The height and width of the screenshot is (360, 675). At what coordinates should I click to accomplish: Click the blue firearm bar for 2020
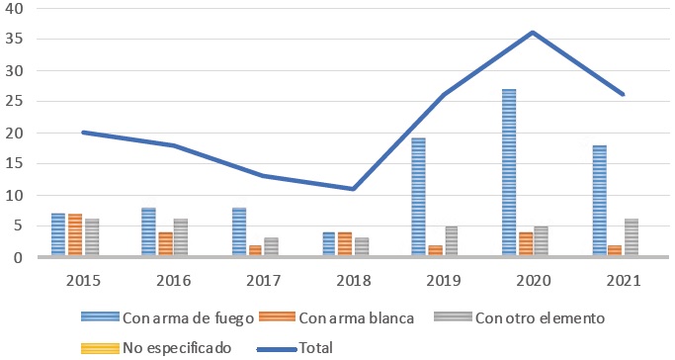point(509,173)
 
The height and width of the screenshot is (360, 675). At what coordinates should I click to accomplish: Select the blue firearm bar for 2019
point(418,198)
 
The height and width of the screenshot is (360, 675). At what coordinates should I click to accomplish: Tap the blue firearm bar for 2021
point(599,201)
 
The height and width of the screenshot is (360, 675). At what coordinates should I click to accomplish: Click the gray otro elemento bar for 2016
point(179,238)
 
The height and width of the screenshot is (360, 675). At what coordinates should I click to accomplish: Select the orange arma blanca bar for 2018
point(345,244)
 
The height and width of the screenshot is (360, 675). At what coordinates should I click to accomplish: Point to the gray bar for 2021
point(632,238)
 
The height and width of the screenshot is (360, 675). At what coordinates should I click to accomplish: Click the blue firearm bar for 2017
point(238,232)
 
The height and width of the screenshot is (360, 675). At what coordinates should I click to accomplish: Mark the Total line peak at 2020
point(534,33)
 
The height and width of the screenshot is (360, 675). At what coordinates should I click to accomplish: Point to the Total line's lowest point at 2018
point(353,188)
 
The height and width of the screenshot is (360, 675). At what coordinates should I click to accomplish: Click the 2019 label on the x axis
point(443,279)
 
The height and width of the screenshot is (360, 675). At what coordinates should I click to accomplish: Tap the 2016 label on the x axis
point(172,279)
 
